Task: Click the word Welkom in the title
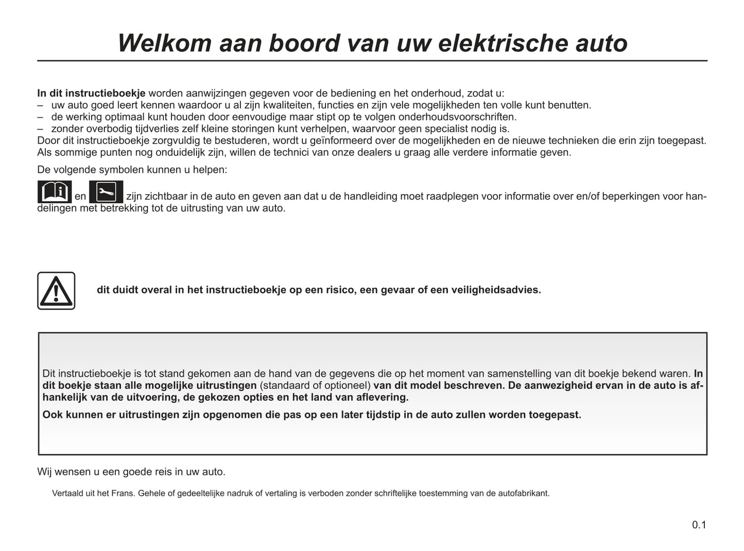[x=164, y=43]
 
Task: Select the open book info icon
[x=55, y=192]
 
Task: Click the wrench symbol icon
[x=106, y=192]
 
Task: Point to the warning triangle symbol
[x=56, y=291]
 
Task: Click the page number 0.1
[x=699, y=525]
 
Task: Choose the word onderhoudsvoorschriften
[x=457, y=117]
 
